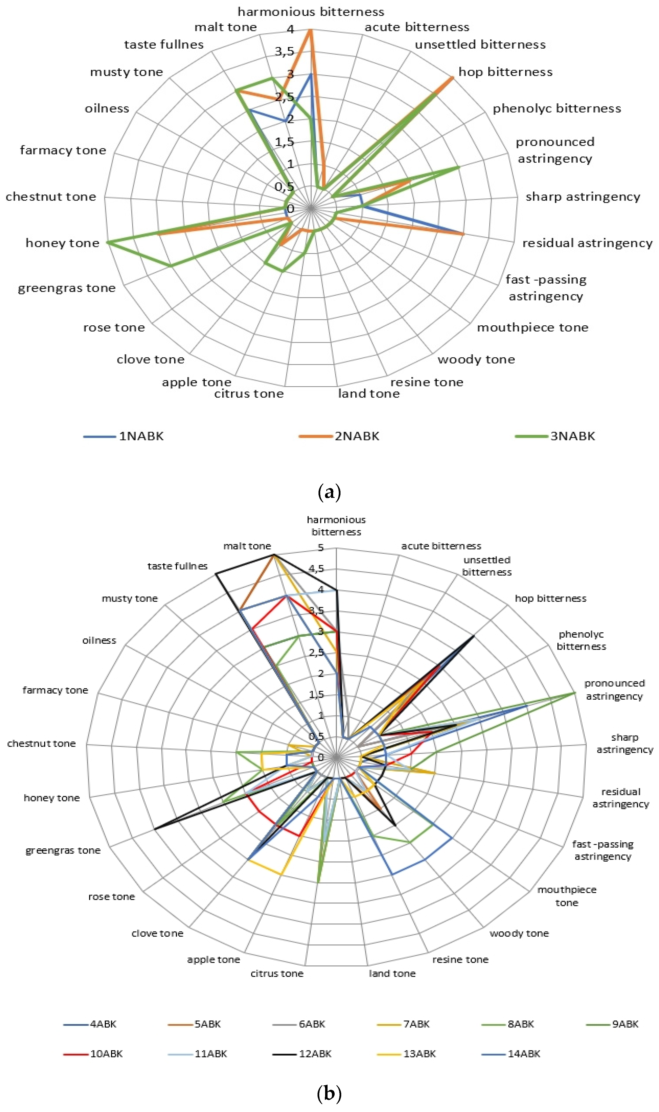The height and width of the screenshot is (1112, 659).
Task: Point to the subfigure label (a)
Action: (x=329, y=492)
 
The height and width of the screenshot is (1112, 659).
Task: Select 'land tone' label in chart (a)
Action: (x=369, y=394)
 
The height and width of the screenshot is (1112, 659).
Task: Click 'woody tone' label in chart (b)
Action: (x=519, y=933)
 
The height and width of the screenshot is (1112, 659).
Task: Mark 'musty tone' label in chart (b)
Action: (x=130, y=599)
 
